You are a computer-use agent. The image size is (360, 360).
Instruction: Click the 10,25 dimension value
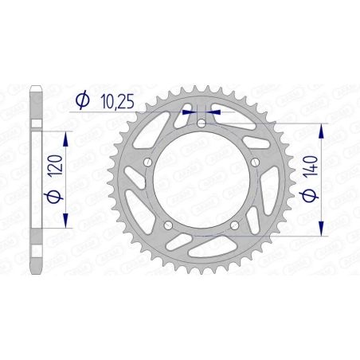tap(115, 101)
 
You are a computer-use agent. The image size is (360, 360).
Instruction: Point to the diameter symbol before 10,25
tap(81, 101)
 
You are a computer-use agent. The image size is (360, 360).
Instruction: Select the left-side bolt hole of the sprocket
tap(147, 163)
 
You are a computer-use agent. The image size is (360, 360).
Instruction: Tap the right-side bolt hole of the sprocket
tap(255, 163)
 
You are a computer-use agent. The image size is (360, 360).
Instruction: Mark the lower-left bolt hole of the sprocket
tap(168, 226)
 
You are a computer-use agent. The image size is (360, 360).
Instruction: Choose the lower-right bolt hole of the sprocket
tap(235, 226)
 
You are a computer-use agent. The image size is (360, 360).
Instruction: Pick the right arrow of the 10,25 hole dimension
tap(214, 113)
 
